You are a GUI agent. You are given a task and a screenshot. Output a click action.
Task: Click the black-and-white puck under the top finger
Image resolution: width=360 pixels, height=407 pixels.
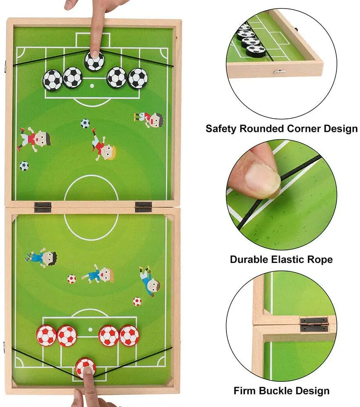(94, 61)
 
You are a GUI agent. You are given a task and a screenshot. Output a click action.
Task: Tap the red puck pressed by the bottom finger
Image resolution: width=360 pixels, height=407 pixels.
(86, 367)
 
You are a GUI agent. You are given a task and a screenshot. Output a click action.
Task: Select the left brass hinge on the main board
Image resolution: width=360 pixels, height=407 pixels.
(43, 207)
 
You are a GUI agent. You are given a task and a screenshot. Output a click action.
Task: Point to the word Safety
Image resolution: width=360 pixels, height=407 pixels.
(221, 129)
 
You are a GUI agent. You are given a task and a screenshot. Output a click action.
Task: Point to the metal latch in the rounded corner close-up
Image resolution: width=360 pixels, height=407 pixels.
(279, 72)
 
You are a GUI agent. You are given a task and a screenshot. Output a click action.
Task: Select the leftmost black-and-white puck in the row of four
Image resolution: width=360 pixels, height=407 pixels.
(52, 80)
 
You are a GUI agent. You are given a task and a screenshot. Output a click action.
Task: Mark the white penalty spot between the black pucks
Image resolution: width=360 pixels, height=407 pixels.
(91, 86)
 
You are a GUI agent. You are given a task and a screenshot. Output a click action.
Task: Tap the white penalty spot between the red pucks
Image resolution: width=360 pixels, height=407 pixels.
(89, 330)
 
